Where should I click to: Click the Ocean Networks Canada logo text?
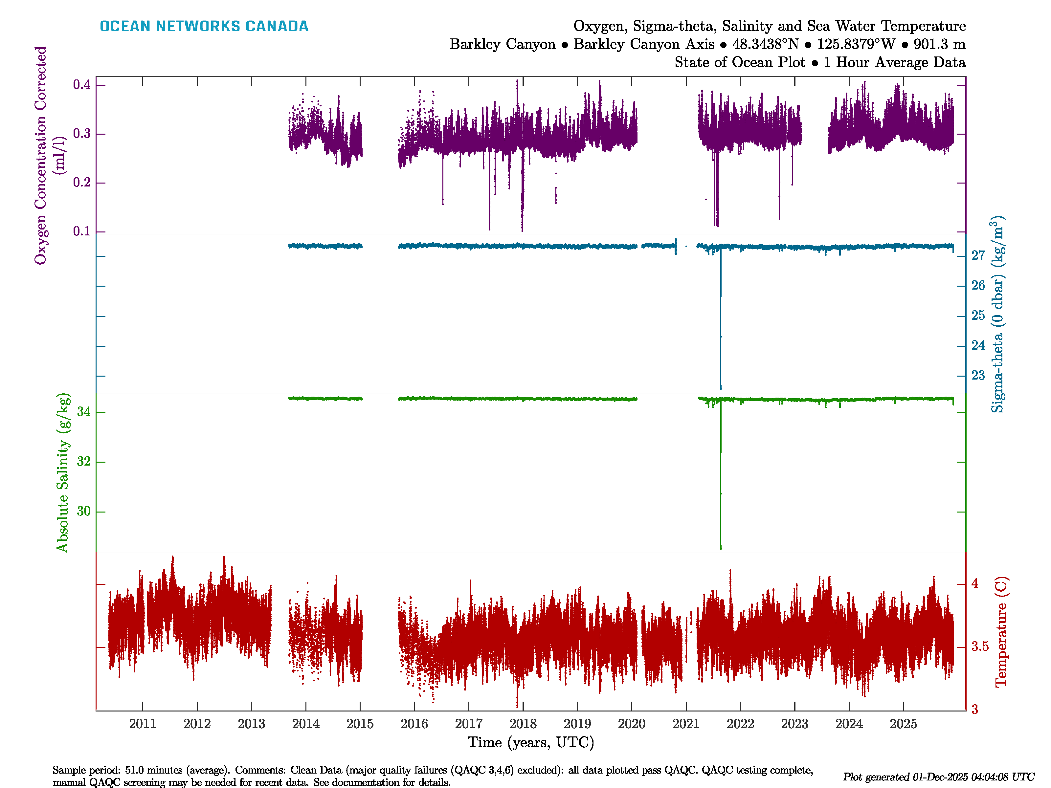[x=204, y=26]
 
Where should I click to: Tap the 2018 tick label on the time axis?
[x=523, y=724]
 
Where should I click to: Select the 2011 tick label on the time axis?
[x=143, y=724]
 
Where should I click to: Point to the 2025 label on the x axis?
[x=903, y=724]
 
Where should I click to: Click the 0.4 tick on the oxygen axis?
[x=82, y=85]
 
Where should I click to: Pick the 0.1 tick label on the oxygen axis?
[x=82, y=231]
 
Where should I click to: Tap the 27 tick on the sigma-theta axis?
[x=978, y=255]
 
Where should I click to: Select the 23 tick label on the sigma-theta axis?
[x=978, y=375]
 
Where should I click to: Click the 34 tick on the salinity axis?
[x=84, y=412]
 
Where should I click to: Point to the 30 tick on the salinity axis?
[x=84, y=512]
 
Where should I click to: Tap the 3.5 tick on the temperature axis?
[x=980, y=646]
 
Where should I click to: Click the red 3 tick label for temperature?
[x=974, y=710]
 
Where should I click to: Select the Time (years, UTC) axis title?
[x=531, y=742]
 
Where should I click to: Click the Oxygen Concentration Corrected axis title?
[x=42, y=155]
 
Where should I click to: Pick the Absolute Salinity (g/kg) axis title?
[x=63, y=472]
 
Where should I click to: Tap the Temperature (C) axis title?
[x=1001, y=632]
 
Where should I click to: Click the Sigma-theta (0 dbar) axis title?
[x=997, y=315]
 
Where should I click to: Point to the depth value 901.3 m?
[x=939, y=44]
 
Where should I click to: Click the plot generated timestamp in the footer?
[x=938, y=777]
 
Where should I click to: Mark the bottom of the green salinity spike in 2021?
[x=721, y=548]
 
